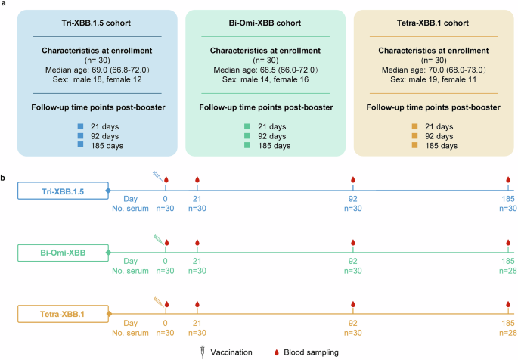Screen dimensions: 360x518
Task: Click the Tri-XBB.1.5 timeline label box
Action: [x=63, y=191]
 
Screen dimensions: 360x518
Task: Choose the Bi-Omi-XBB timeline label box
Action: [x=63, y=252]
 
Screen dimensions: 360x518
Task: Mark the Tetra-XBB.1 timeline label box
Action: [x=63, y=313]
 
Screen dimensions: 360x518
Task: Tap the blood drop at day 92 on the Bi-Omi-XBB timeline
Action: [x=352, y=242]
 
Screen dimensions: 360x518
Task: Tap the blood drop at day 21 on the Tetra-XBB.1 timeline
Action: [x=197, y=303]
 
